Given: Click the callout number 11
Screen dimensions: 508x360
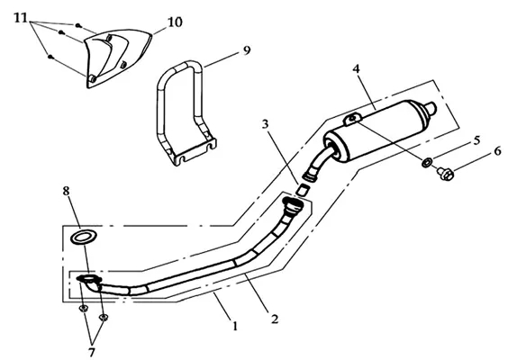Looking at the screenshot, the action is pyautogui.click(x=21, y=18).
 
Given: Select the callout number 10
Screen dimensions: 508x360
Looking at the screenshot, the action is pyautogui.click(x=175, y=22).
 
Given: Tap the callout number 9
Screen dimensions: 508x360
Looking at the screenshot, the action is pyautogui.click(x=247, y=50).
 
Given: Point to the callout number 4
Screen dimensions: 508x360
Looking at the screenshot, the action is pyautogui.click(x=356, y=68).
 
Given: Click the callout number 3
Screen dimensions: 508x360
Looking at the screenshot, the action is pyautogui.click(x=266, y=124).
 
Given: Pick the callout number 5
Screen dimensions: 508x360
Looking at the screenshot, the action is pyautogui.click(x=476, y=140).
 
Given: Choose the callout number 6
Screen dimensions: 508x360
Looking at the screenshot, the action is pyautogui.click(x=497, y=151).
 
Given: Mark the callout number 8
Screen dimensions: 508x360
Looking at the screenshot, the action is pyautogui.click(x=66, y=191).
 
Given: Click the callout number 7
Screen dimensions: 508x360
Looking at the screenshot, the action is pyautogui.click(x=92, y=352).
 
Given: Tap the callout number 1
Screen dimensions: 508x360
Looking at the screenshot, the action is pyautogui.click(x=235, y=326).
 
